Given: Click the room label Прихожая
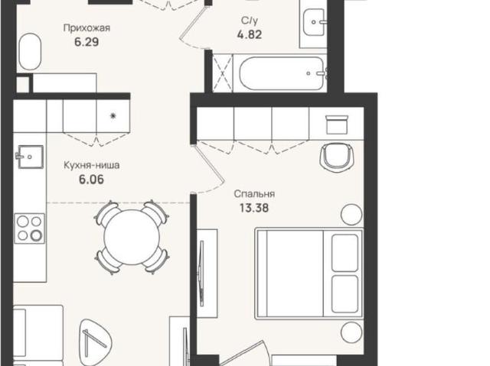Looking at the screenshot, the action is click(x=87, y=28).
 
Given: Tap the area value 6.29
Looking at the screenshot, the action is click(x=87, y=42).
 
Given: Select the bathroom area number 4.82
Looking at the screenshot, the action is click(x=249, y=34).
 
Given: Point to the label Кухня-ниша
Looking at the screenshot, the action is click(x=92, y=165).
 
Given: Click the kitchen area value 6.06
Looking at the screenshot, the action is click(x=91, y=180).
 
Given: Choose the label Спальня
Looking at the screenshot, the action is click(x=254, y=194).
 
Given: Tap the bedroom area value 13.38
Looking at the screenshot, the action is click(x=254, y=208).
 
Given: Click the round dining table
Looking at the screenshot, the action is click(x=132, y=237).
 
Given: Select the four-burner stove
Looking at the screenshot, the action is click(x=29, y=228).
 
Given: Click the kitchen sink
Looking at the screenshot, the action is click(x=30, y=157).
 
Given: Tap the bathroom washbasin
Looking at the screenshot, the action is click(x=315, y=22).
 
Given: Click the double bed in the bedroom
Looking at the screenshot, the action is click(x=309, y=274).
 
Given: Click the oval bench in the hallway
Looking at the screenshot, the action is click(x=30, y=51).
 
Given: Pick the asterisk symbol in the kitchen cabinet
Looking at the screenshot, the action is click(x=113, y=116).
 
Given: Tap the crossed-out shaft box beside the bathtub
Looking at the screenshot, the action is click(x=223, y=73).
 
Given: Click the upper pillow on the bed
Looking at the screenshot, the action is click(x=345, y=253).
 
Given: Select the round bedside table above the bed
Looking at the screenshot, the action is click(x=351, y=215).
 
